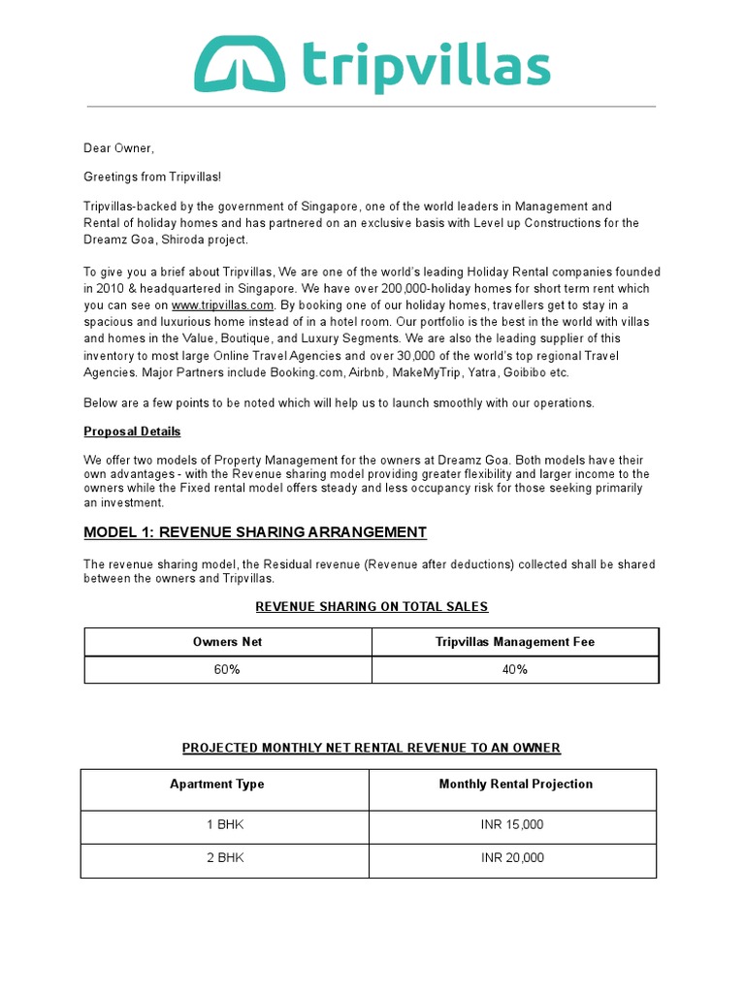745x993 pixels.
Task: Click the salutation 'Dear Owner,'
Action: tap(119, 148)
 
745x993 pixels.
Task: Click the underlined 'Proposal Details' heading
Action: tap(132, 432)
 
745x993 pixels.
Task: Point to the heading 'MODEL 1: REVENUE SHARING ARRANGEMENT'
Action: tap(255, 532)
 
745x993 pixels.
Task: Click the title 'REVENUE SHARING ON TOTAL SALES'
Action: tap(372, 607)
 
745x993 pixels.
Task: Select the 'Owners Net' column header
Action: tap(228, 642)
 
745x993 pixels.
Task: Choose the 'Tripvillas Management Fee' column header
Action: tap(515, 642)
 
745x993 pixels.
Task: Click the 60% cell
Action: tap(228, 670)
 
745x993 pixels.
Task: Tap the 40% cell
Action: tap(515, 670)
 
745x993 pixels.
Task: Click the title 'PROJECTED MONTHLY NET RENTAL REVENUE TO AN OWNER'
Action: tap(372, 748)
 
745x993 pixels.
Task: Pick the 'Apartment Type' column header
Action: tap(217, 785)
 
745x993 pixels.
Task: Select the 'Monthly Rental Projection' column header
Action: tap(515, 785)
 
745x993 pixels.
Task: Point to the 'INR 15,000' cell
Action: tap(513, 825)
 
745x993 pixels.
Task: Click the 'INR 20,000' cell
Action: tap(513, 858)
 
